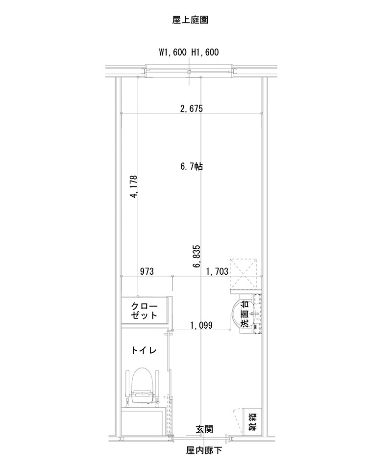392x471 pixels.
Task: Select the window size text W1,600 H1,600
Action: [189, 52]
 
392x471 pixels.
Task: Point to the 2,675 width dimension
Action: [191, 108]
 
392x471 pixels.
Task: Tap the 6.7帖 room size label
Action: [192, 167]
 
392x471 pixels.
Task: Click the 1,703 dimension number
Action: [217, 271]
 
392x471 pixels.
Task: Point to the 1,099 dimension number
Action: [201, 325]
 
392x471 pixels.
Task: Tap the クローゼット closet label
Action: [145, 311]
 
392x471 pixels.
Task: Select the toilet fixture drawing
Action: [144, 388]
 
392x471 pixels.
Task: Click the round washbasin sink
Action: [240, 314]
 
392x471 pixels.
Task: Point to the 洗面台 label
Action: [245, 314]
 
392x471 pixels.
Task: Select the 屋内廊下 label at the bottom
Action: [204, 450]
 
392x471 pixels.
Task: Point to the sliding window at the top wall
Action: [189, 72]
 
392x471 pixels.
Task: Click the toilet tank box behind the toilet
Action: [143, 421]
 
